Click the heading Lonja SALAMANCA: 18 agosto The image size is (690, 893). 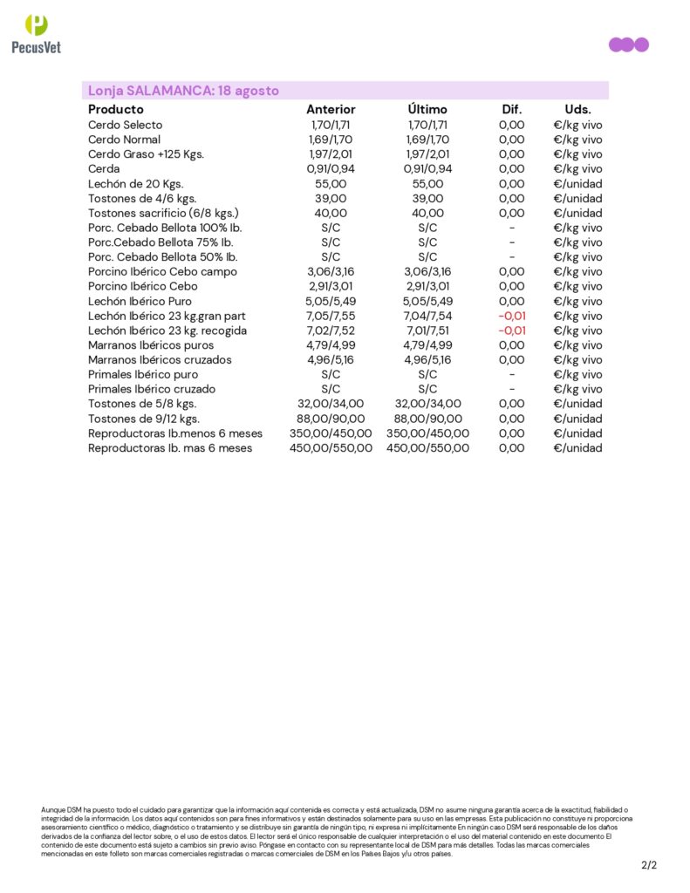(x=183, y=91)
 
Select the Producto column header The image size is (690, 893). (x=116, y=109)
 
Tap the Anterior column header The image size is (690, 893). (x=331, y=109)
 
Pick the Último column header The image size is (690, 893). (x=427, y=109)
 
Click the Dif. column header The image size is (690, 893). (x=511, y=109)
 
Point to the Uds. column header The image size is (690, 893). (x=577, y=109)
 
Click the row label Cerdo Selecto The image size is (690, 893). (x=125, y=125)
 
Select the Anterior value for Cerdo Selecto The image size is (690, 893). (x=331, y=125)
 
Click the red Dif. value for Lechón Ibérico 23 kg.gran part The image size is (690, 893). (x=511, y=316)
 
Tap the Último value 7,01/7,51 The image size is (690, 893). (x=427, y=331)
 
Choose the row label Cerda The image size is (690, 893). (x=104, y=168)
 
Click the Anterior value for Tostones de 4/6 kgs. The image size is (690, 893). (x=331, y=198)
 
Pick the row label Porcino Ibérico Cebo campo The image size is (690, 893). (x=162, y=271)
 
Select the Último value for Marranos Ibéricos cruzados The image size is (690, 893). (x=427, y=359)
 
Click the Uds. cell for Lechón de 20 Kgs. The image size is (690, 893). (x=577, y=183)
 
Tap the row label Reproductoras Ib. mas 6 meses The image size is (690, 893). (x=170, y=447)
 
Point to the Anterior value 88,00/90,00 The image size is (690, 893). (x=331, y=419)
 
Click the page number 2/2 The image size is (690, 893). (x=648, y=865)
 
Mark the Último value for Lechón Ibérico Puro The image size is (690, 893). (x=427, y=301)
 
